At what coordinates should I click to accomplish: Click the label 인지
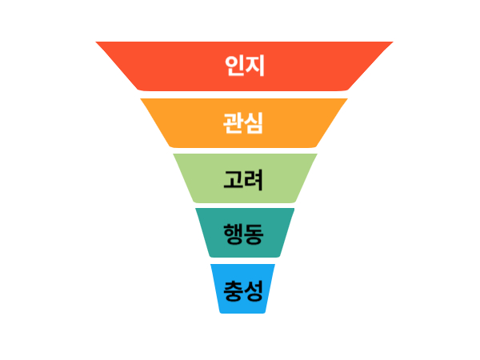point(244,66)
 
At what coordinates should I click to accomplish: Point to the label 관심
point(244,122)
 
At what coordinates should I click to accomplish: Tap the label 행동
point(244,233)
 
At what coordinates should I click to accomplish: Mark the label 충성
point(244,288)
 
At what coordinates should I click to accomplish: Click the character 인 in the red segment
point(234,66)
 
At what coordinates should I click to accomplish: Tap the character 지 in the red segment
point(254,66)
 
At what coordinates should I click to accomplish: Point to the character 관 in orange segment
point(234,122)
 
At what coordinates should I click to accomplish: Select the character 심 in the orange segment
point(254,122)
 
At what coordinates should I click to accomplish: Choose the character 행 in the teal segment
point(234,233)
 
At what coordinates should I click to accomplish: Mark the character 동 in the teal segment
point(254,233)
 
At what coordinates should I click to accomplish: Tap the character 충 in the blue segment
point(234,288)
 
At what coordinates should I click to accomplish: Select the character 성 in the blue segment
point(254,288)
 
